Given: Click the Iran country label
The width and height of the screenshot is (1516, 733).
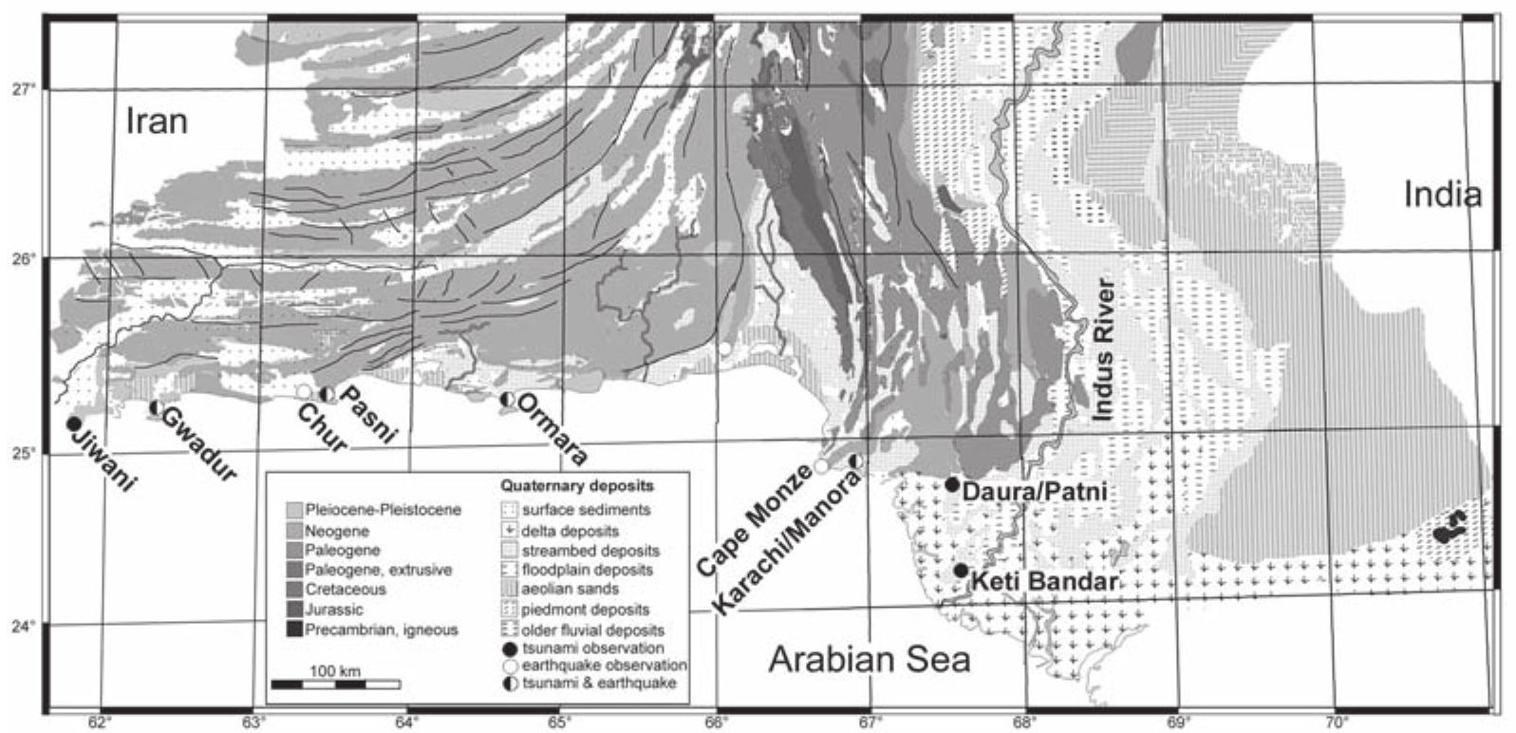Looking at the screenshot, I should coord(157,122).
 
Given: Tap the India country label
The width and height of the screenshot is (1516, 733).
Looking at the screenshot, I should coord(1442,195).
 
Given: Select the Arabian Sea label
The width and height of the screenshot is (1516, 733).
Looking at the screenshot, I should coord(869,659).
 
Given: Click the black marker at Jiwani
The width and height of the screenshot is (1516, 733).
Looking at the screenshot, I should coord(73,423).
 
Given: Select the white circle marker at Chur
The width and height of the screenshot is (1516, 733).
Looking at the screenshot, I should coord(304,391).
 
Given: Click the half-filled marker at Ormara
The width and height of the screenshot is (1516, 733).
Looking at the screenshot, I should coord(508,400).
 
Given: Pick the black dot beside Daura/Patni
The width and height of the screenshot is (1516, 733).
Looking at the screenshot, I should coord(952,484).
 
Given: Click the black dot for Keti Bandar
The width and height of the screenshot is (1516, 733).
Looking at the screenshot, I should coord(961,571).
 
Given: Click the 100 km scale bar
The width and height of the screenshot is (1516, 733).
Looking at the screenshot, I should coord(335,684).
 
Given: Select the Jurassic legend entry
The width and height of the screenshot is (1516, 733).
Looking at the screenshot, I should coord(333,610).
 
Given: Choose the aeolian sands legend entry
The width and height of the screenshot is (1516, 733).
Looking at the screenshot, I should coord(570,590).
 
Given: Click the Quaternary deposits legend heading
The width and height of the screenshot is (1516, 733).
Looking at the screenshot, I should coord(577,486).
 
